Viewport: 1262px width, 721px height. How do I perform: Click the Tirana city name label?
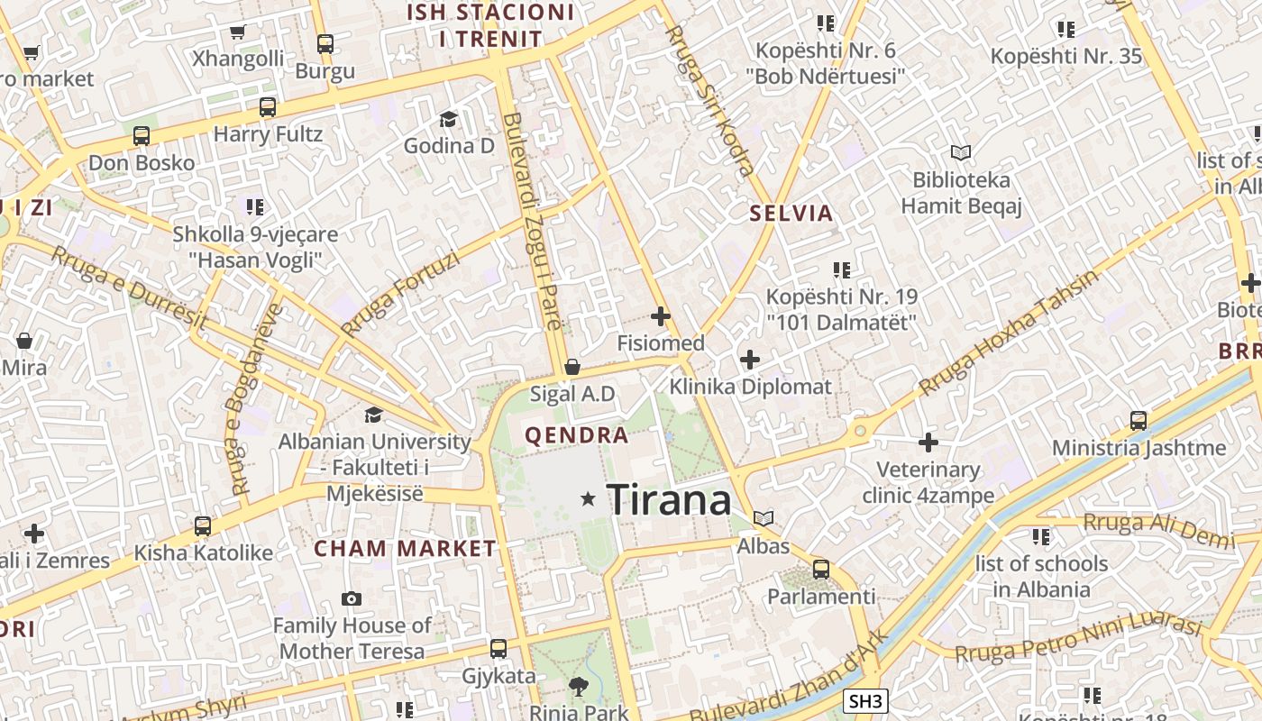point(668,500)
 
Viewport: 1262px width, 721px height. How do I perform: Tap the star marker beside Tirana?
point(589,498)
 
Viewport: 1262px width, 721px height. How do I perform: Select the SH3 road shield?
point(866,701)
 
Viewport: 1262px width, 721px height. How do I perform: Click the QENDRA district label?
point(577,436)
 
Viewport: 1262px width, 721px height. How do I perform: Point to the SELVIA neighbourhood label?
point(791,214)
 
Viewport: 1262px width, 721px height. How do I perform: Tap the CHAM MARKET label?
point(405,548)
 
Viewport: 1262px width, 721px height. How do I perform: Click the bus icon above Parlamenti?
point(820,570)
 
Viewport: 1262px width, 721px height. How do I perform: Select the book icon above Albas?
point(764,518)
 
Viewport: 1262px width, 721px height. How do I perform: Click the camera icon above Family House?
point(352,598)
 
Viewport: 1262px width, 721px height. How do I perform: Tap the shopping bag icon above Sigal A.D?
point(572,367)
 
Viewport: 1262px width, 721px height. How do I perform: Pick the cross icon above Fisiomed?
point(661,316)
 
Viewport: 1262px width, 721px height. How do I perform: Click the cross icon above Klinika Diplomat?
point(750,360)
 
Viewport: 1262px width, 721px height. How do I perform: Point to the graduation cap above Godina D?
point(448,119)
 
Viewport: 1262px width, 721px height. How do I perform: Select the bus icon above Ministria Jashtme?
point(1139,421)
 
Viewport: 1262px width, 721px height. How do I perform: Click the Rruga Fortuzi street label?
point(401,294)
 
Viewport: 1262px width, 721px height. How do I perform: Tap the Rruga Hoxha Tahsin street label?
point(1009,333)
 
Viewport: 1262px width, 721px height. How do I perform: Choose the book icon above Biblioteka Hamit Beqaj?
point(961,153)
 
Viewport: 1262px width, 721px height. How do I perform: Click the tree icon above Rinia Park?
point(579,688)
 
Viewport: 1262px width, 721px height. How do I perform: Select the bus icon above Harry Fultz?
point(268,107)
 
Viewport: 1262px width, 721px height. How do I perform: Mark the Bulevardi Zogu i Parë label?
point(532,221)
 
